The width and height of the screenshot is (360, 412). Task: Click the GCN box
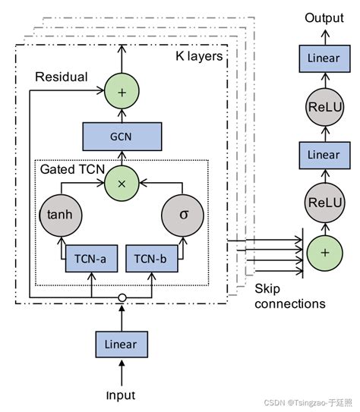tap(122, 136)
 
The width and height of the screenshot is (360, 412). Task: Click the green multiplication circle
tap(122, 183)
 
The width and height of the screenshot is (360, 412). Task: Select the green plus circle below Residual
tap(122, 90)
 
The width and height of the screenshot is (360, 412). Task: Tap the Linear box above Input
tap(122, 344)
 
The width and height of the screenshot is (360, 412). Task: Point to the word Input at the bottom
tap(122, 395)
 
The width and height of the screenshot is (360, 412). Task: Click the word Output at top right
tap(324, 17)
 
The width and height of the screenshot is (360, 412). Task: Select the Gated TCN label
tap(67, 168)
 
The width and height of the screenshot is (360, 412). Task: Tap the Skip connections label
tap(290, 297)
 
